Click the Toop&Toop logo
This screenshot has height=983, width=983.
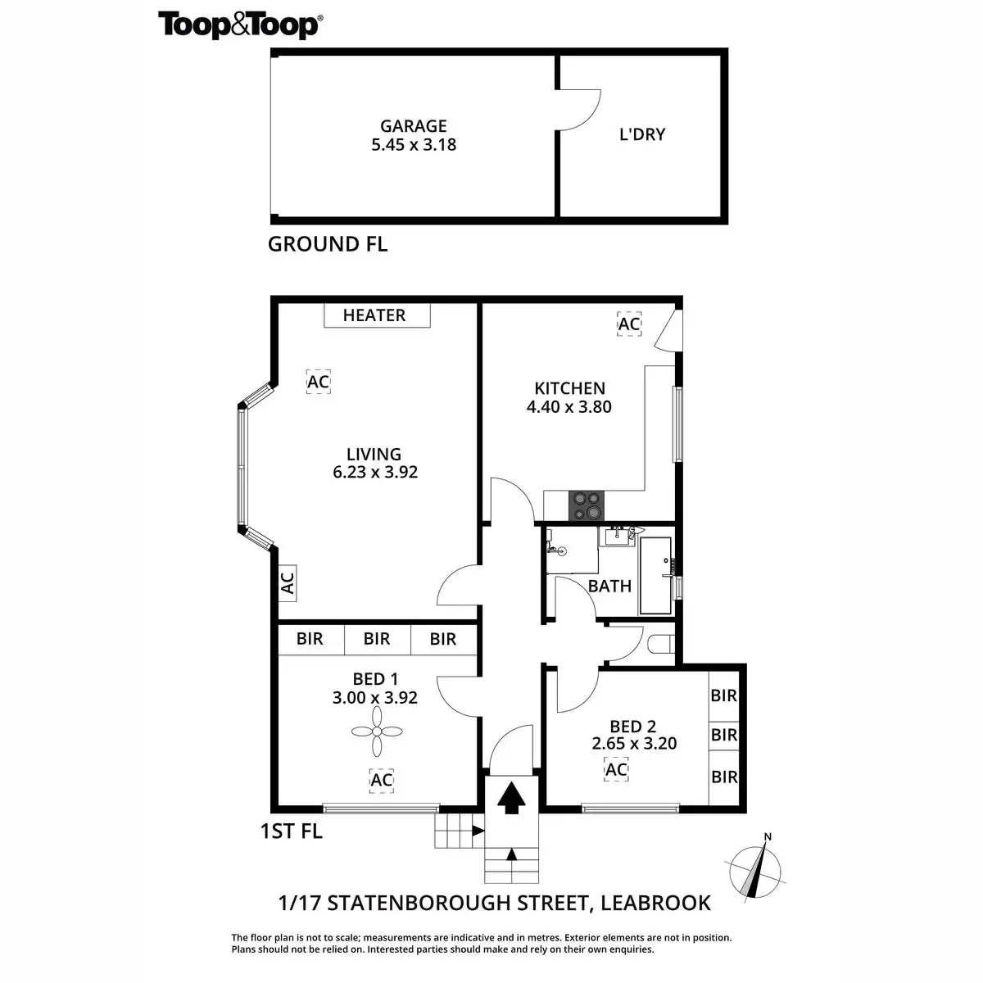pyautogui.click(x=239, y=25)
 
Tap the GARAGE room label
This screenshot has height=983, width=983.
pyautogui.click(x=414, y=126)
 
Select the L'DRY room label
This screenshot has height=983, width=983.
pyautogui.click(x=642, y=134)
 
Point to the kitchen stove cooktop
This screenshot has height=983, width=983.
pyautogui.click(x=587, y=505)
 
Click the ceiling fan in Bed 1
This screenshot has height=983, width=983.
pyautogui.click(x=377, y=732)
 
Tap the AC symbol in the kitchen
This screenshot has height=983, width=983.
pyautogui.click(x=628, y=324)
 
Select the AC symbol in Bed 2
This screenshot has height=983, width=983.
pyautogui.click(x=616, y=769)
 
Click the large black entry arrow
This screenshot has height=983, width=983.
pyautogui.click(x=512, y=797)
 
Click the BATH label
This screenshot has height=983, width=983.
pyautogui.click(x=609, y=586)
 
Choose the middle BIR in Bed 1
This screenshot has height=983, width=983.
pyautogui.click(x=377, y=639)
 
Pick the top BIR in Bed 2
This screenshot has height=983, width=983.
pyautogui.click(x=724, y=696)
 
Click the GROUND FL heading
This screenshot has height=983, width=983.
pyautogui.click(x=328, y=244)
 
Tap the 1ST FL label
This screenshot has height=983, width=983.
pyautogui.click(x=291, y=831)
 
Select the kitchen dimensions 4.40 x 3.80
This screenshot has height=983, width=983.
pyautogui.click(x=569, y=407)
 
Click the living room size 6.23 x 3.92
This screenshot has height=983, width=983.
pyautogui.click(x=375, y=473)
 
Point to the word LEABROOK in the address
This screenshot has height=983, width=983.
pyautogui.click(x=655, y=904)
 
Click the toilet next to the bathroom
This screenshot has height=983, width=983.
pyautogui.click(x=660, y=644)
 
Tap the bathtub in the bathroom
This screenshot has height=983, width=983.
pyautogui.click(x=655, y=575)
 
